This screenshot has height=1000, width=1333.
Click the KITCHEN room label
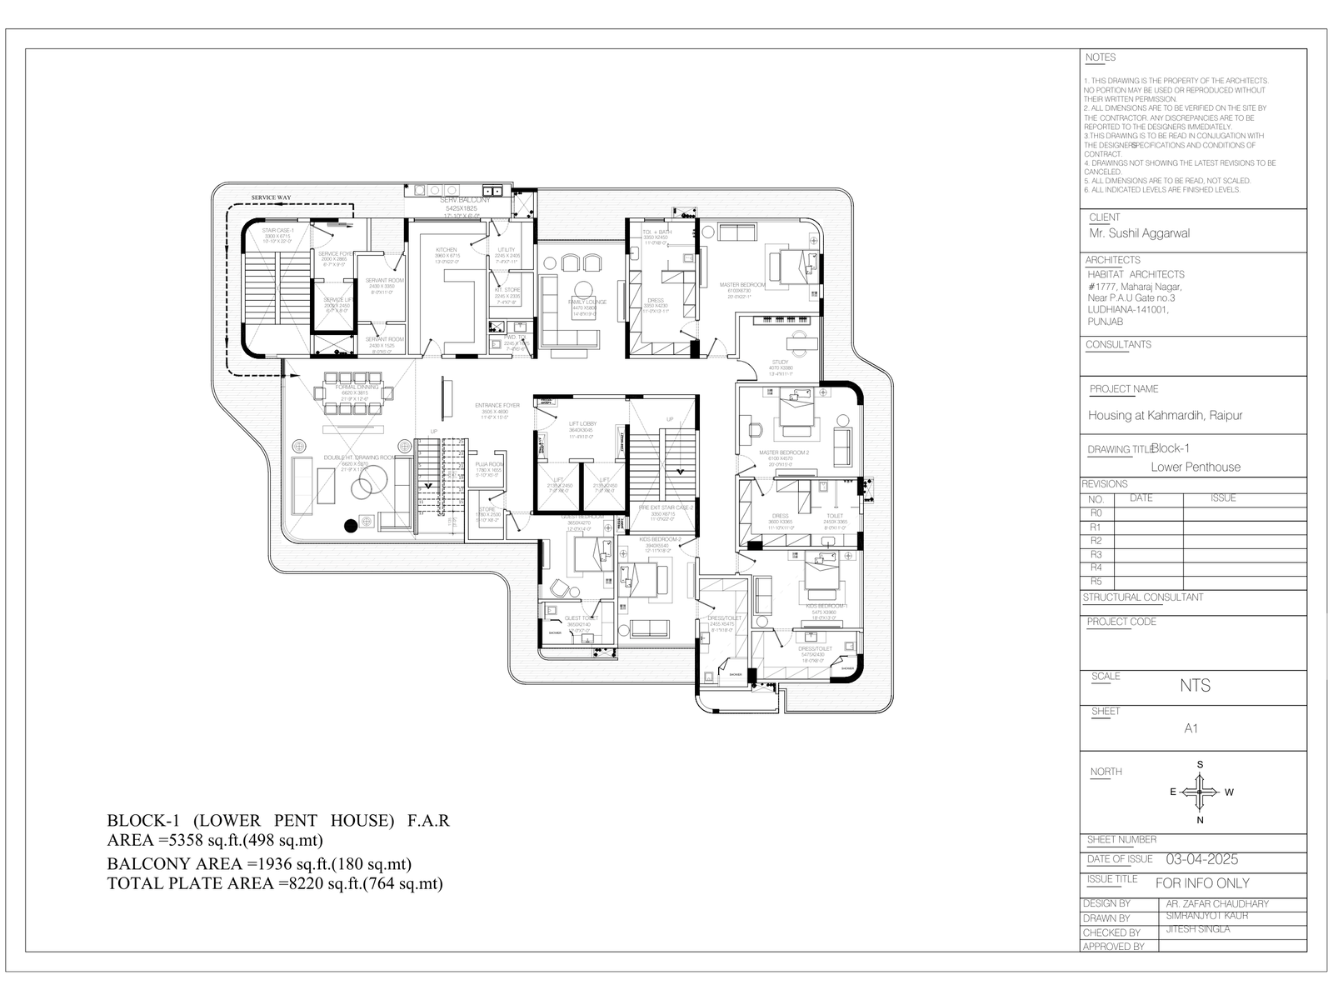click(447, 250)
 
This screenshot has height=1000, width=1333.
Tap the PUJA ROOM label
click(489, 463)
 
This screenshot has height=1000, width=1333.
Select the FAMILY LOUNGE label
click(587, 302)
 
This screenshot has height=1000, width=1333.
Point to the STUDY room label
click(780, 362)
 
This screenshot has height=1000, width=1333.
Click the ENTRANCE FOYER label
click(497, 406)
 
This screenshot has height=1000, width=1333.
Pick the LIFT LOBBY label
click(582, 424)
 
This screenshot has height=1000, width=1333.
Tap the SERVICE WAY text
click(272, 198)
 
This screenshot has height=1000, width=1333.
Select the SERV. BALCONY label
click(465, 200)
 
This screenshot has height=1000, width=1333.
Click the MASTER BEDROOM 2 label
click(784, 452)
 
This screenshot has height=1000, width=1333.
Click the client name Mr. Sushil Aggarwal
click(1139, 233)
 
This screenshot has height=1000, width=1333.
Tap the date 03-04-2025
click(1201, 859)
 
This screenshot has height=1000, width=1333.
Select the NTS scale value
click(1195, 686)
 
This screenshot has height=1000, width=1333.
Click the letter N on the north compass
click(1200, 820)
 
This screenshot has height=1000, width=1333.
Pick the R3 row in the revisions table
click(1096, 554)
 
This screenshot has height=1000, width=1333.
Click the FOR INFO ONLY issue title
click(1202, 882)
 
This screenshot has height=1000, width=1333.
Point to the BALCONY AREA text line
click(259, 864)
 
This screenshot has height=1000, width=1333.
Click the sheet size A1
click(1191, 728)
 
